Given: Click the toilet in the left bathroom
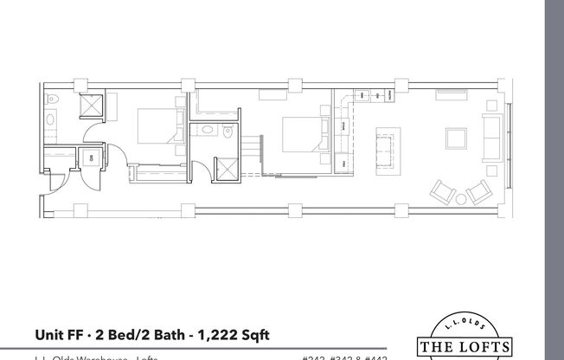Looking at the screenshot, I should click(52, 98).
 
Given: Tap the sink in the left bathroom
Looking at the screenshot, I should click(52, 121).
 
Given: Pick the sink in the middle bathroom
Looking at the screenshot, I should click(206, 131).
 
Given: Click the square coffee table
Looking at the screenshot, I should click(457, 138).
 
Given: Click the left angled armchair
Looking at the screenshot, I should click(445, 190).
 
